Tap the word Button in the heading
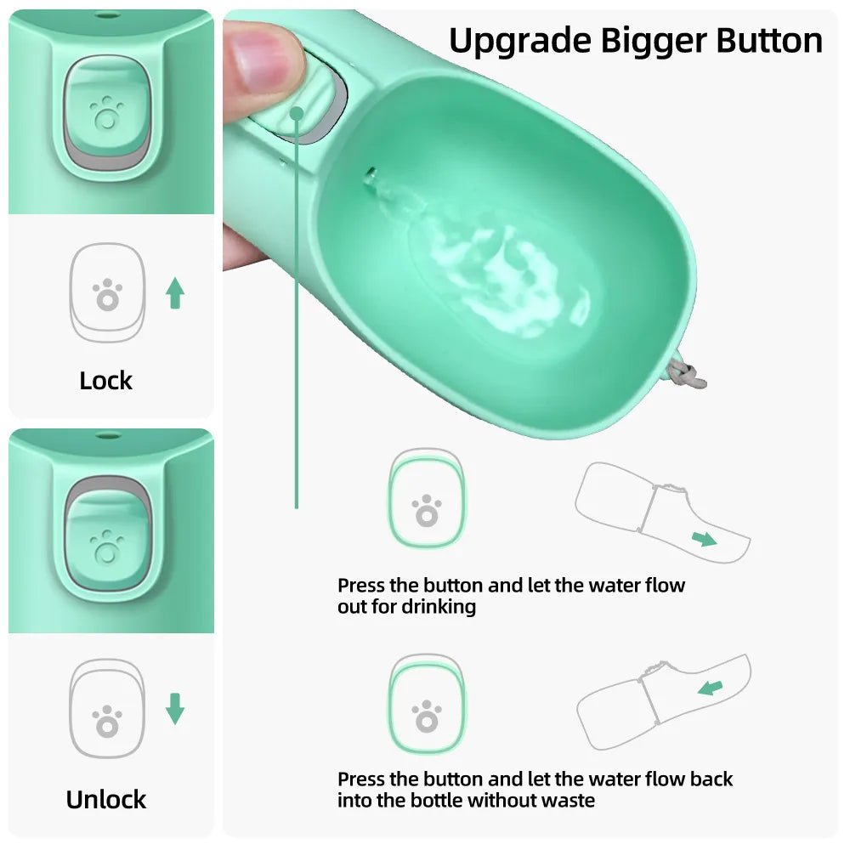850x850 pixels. pyautogui.click(x=769, y=41)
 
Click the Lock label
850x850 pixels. pyautogui.click(x=106, y=381)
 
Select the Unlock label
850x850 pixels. pyautogui.click(x=106, y=799)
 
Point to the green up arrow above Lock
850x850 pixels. pyautogui.click(x=175, y=293)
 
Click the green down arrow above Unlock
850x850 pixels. pyautogui.click(x=175, y=708)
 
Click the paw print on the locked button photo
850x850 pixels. pyautogui.click(x=107, y=111)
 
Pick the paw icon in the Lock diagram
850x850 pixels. pyautogui.click(x=107, y=295)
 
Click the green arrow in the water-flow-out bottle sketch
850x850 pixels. pyautogui.click(x=704, y=538)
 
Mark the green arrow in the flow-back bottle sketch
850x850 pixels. pyautogui.click(x=711, y=687)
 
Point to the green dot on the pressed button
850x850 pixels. pyautogui.click(x=297, y=112)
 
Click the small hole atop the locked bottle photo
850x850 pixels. pyautogui.click(x=107, y=16)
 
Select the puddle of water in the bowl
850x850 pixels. pyautogui.click(x=501, y=272)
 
